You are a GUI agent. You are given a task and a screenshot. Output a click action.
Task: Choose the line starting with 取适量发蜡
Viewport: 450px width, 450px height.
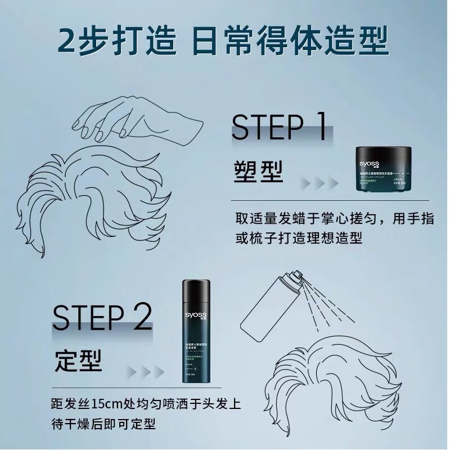point(332,218)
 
